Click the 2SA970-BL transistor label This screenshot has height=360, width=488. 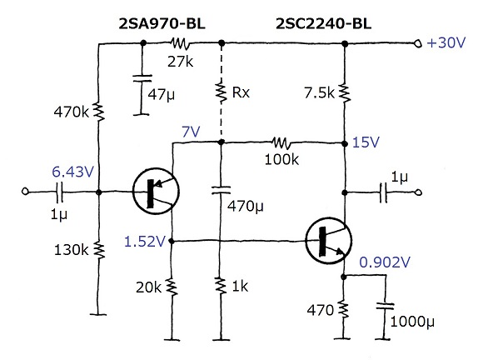coord(162,23)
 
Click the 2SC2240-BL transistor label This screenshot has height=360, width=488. coord(323,23)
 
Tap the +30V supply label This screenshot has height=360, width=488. coord(446,42)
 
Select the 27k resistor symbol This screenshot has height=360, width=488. coord(179,43)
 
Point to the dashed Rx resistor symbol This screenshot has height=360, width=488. coord(222,92)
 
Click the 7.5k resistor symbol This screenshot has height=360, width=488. coord(345,92)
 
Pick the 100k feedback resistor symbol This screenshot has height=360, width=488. coord(281,143)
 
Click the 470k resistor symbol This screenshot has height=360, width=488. coord(99,112)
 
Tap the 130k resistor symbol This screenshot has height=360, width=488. coord(99,250)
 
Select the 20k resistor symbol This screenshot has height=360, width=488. coord(172,287)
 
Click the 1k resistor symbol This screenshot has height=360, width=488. coord(221,287)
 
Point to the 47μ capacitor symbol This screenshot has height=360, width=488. coord(142,78)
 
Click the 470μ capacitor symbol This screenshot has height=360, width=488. coord(221,190)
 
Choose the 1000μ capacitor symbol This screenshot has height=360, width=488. coord(385,306)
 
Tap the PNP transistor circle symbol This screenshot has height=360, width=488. coord(156,191)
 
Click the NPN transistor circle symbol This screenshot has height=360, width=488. coord(329,240)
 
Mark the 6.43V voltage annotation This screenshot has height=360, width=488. coord(72,172)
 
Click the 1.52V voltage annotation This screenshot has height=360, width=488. coord(145,242)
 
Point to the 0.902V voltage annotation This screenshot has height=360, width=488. coord(385,262)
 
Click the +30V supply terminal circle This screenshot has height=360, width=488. coord(418,43)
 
